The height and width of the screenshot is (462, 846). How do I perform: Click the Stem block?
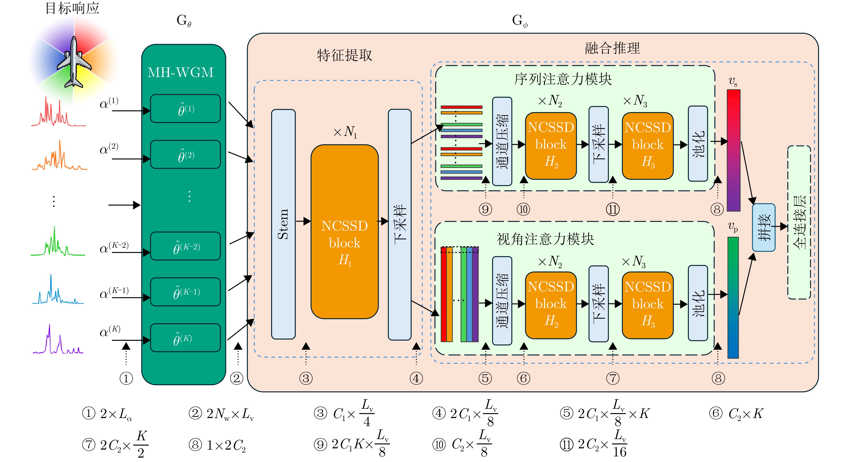click(x=283, y=224)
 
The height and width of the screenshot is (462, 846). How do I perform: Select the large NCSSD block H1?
click(x=344, y=232)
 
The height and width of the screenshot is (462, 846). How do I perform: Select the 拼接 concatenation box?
click(x=764, y=228)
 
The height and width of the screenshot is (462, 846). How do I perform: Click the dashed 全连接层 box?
click(x=799, y=222)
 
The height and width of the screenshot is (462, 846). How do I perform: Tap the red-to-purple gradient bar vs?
click(x=733, y=150)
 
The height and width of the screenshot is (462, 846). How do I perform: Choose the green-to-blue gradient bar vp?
click(x=733, y=297)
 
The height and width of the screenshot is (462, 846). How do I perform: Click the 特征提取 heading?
click(x=344, y=55)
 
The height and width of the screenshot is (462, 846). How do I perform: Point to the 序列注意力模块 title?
click(x=563, y=79)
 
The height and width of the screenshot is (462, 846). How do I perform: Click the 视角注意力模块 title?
click(x=545, y=239)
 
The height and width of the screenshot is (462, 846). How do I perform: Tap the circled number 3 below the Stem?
click(x=306, y=378)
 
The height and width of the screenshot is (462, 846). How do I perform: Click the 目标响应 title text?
click(x=72, y=8)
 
